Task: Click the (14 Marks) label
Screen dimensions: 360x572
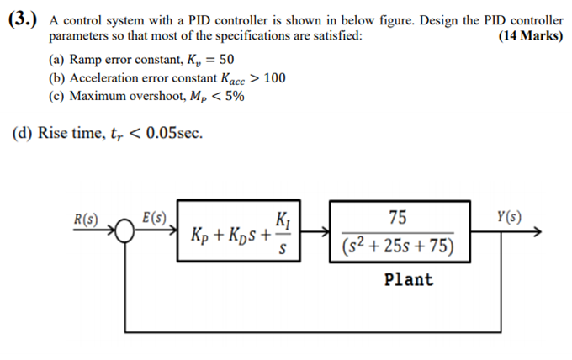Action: pos(530,36)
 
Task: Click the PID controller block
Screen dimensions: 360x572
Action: pos(240,233)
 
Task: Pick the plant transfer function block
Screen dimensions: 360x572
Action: pos(397,233)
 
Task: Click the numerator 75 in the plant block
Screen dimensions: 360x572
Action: pos(398,218)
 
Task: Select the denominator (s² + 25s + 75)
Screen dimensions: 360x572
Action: pos(398,247)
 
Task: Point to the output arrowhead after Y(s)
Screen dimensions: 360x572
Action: pos(546,233)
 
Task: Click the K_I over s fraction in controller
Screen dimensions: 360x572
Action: pos(283,232)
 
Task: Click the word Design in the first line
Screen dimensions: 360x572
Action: pos(438,20)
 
